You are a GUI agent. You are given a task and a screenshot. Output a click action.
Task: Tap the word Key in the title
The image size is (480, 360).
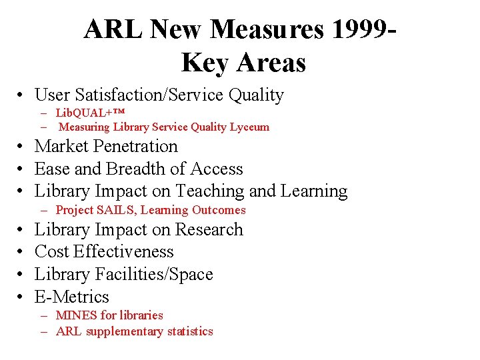(205, 63)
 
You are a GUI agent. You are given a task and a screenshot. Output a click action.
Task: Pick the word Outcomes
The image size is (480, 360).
(219, 210)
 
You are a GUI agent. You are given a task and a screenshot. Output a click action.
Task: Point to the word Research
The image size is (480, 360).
(209, 229)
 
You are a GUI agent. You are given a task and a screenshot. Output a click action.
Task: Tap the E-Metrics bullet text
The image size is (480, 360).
(71, 297)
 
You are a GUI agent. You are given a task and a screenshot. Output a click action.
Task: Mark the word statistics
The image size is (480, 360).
(190, 331)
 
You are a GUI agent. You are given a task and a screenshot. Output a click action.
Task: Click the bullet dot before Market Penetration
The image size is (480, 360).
(22, 147)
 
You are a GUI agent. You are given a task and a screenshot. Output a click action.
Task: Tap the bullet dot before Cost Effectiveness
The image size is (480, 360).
(22, 252)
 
